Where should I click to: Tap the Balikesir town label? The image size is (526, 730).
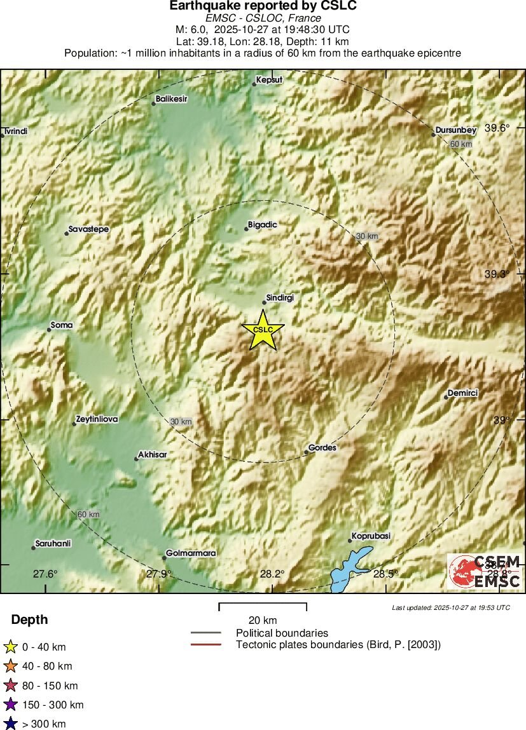(172, 100)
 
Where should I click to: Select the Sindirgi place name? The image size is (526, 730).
(279, 297)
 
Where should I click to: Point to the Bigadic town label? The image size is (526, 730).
(263, 224)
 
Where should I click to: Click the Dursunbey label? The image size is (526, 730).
(455, 130)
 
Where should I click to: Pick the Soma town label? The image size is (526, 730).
(62, 325)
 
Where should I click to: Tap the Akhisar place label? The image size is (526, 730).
(153, 456)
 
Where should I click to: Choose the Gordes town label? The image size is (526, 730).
(322, 448)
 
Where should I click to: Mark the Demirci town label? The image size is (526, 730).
(462, 394)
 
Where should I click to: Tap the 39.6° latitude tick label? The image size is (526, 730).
(497, 128)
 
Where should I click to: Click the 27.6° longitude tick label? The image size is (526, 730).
(45, 574)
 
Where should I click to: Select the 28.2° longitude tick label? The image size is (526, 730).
(272, 574)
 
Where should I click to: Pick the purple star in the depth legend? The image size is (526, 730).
(10, 705)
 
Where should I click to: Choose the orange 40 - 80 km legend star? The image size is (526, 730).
(10, 666)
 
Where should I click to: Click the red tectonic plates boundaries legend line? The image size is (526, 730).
(206, 645)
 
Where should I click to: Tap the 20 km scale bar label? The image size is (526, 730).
(263, 620)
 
